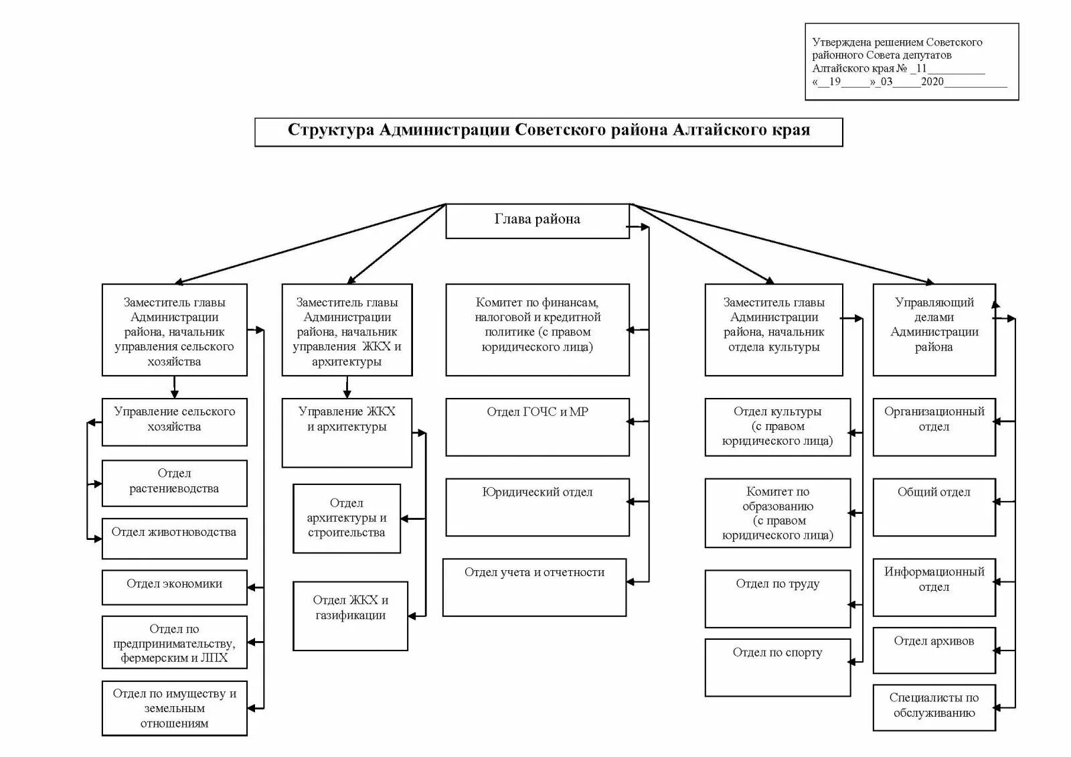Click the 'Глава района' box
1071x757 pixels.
(x=538, y=220)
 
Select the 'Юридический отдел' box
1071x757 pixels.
(x=538, y=506)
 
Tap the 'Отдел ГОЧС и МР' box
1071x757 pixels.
(x=538, y=427)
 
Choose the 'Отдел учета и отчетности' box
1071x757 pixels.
(x=534, y=587)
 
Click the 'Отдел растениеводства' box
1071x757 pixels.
(x=174, y=482)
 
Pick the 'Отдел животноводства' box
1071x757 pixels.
(x=174, y=538)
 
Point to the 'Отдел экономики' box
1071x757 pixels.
(x=174, y=587)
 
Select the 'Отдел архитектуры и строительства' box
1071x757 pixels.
(x=347, y=518)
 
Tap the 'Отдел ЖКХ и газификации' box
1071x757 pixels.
(x=350, y=615)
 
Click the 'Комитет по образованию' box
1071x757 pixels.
(x=777, y=512)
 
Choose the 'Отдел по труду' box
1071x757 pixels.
(x=777, y=598)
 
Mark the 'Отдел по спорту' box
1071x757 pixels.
(x=777, y=667)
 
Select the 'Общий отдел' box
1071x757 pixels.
(x=934, y=506)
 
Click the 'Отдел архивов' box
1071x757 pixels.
(x=934, y=649)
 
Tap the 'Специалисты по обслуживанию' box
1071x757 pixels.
(x=934, y=707)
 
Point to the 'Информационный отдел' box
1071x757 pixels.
(x=934, y=587)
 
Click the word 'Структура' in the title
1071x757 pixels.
(x=331, y=130)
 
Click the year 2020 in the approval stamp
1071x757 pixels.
(x=932, y=82)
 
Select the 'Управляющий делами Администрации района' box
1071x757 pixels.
(x=934, y=329)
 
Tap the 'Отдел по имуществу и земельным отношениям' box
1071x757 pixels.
(x=174, y=708)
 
